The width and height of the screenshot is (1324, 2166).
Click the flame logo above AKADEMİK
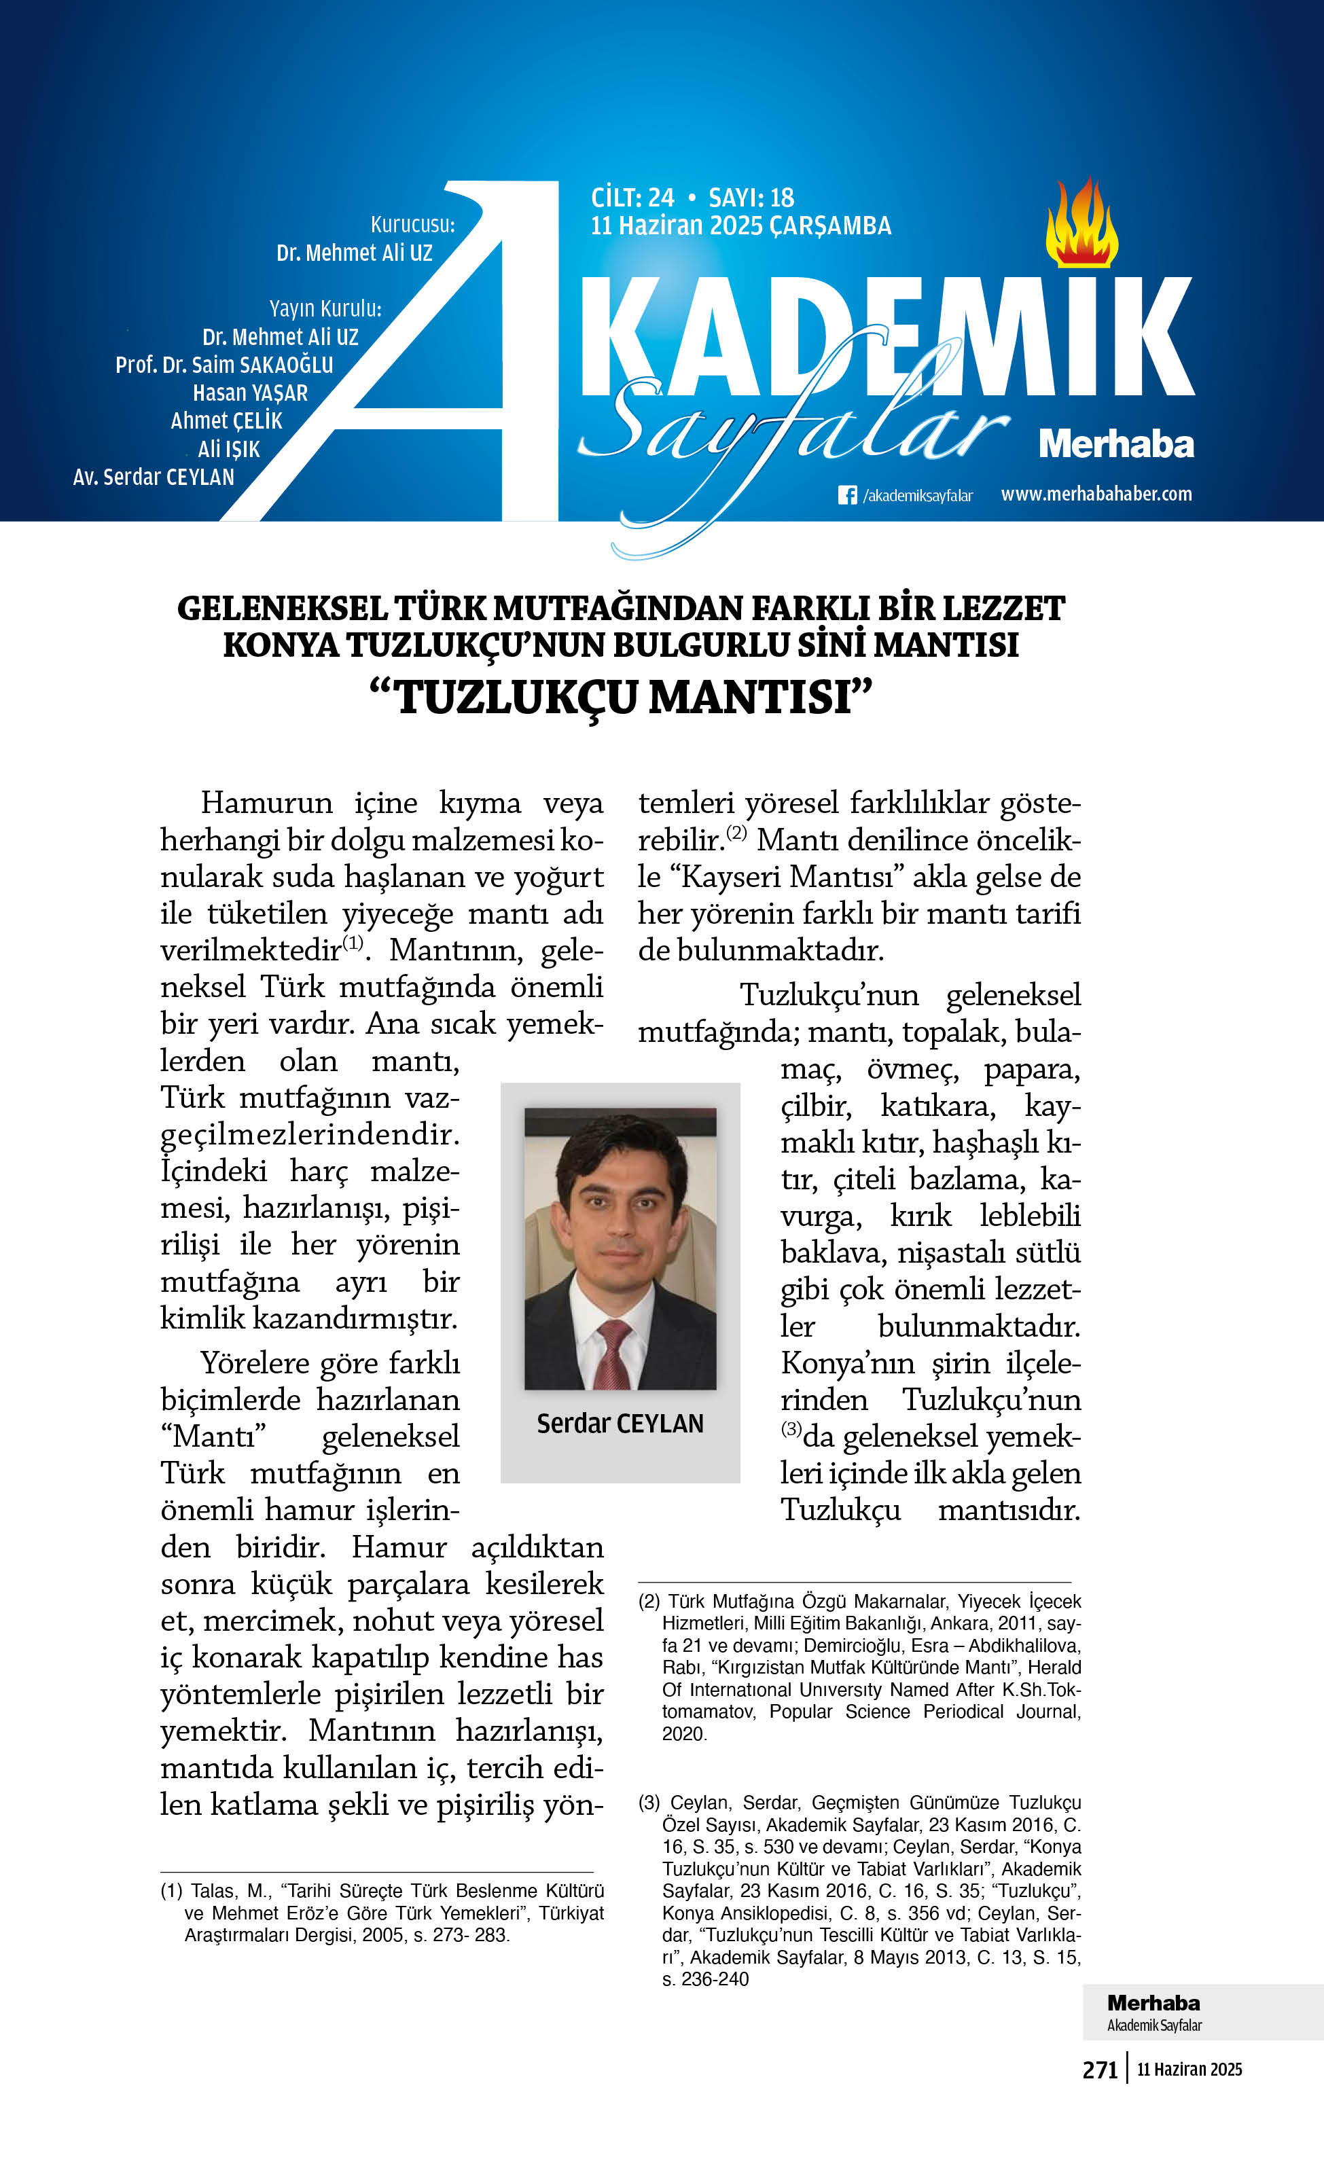tap(1081, 224)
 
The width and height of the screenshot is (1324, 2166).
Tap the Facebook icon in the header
tap(846, 495)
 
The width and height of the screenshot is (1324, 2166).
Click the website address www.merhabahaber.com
tap(1096, 494)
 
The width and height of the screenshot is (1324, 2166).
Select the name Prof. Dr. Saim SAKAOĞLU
tap(224, 365)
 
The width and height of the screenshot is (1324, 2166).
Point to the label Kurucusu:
tap(412, 224)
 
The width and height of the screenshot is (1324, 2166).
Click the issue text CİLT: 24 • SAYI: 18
tap(692, 198)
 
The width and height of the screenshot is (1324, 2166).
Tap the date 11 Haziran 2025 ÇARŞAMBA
tap(740, 226)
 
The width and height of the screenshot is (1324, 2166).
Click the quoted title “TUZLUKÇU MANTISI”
tap(621, 697)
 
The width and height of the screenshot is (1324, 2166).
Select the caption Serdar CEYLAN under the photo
tap(620, 1423)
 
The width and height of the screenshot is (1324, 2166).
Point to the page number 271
tap(1099, 2070)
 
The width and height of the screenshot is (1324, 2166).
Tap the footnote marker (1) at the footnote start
tap(171, 1891)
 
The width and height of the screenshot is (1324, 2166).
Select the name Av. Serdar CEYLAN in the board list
tap(154, 477)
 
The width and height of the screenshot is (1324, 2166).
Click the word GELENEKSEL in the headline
tap(282, 609)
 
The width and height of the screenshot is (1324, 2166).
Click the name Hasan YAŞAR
tap(250, 393)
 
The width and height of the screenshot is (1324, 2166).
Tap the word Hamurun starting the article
tap(266, 803)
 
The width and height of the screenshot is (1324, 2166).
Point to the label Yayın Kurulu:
tap(325, 308)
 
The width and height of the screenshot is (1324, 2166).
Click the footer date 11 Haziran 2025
tap(1189, 2070)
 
